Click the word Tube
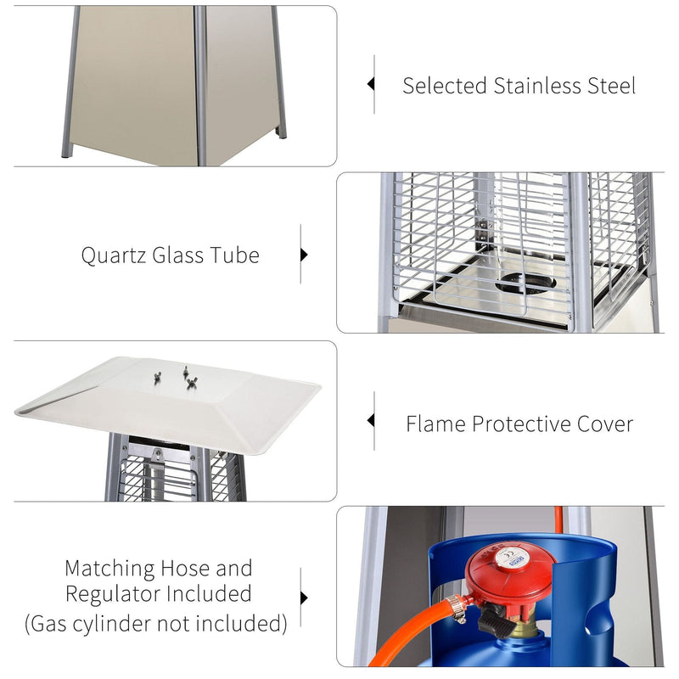[233, 255]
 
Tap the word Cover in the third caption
[603, 424]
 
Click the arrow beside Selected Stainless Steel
[370, 84]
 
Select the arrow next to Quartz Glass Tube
[304, 255]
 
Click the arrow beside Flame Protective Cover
[370, 420]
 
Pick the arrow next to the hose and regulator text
[304, 597]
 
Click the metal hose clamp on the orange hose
[457, 606]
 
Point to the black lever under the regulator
[494, 626]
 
